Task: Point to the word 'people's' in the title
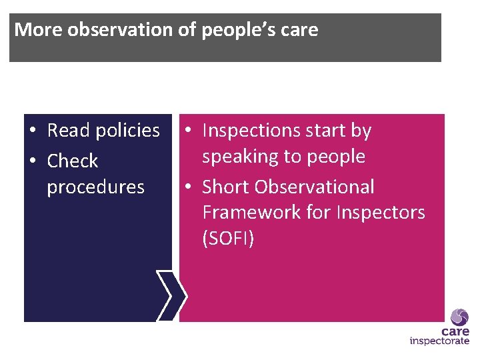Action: (x=227, y=30)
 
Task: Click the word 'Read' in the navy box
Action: (x=69, y=131)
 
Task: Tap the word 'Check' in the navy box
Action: (x=72, y=161)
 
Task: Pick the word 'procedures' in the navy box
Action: (x=95, y=187)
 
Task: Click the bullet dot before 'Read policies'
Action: (x=33, y=131)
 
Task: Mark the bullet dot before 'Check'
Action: (x=33, y=162)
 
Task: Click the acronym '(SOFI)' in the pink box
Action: (x=228, y=239)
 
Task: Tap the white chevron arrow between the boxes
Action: (x=172, y=295)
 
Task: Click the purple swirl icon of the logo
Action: (x=459, y=317)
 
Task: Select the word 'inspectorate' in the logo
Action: (x=439, y=341)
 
